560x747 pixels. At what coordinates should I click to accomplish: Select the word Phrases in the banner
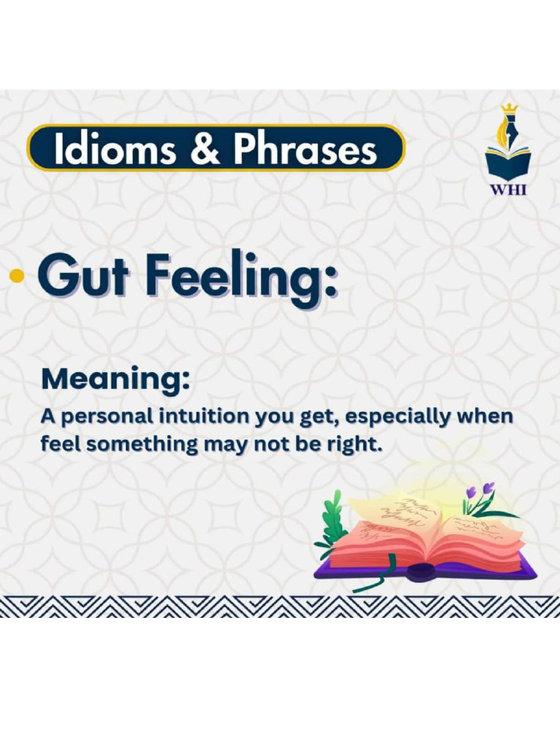(x=304, y=149)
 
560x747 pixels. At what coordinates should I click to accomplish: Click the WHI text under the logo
(x=508, y=189)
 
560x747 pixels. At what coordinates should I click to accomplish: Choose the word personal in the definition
(x=105, y=417)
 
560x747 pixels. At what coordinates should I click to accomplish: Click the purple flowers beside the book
(x=481, y=495)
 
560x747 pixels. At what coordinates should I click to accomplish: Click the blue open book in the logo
(x=508, y=162)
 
